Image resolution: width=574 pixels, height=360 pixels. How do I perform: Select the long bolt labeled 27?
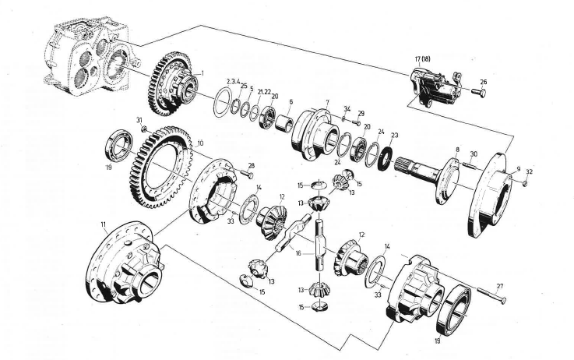pyautogui.click(x=488, y=295)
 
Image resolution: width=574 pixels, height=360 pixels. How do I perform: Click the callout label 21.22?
pyautogui.click(x=263, y=91)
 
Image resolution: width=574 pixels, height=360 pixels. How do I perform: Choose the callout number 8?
pyautogui.click(x=458, y=149)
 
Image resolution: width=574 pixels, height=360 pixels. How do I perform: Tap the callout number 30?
pyautogui.click(x=474, y=154)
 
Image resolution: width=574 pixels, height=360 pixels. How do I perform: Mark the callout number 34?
pyautogui.click(x=347, y=108)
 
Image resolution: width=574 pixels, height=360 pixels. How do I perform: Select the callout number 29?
pyautogui.click(x=361, y=114)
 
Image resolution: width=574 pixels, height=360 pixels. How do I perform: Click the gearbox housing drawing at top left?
pyautogui.click(x=86, y=58)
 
